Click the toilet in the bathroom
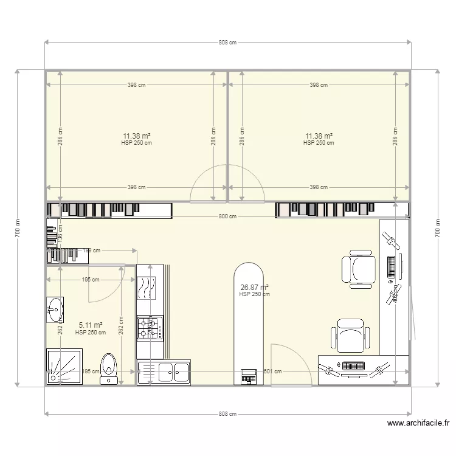[x=109, y=367]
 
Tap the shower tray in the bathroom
[x=64, y=366]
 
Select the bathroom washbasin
[x=55, y=309]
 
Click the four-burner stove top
[x=150, y=328]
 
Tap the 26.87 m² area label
[x=254, y=287]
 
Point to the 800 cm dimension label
[x=224, y=216]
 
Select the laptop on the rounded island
[x=248, y=375]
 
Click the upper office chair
[x=358, y=269]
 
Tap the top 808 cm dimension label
[x=227, y=43]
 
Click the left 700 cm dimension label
[x=18, y=228]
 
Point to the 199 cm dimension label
[x=91, y=250]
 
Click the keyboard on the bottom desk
[x=353, y=366]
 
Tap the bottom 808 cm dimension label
[x=227, y=414]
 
